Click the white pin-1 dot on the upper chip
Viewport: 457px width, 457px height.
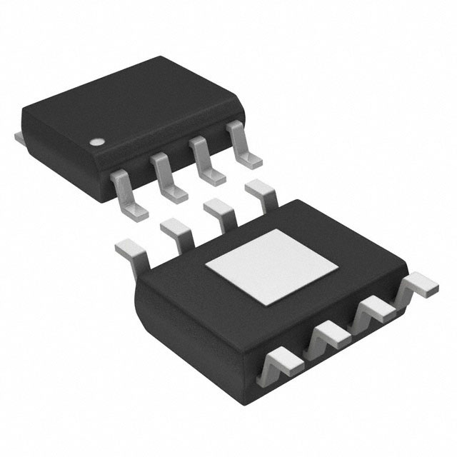tap(94, 141)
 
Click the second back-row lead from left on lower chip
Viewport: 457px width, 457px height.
tap(174, 230)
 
